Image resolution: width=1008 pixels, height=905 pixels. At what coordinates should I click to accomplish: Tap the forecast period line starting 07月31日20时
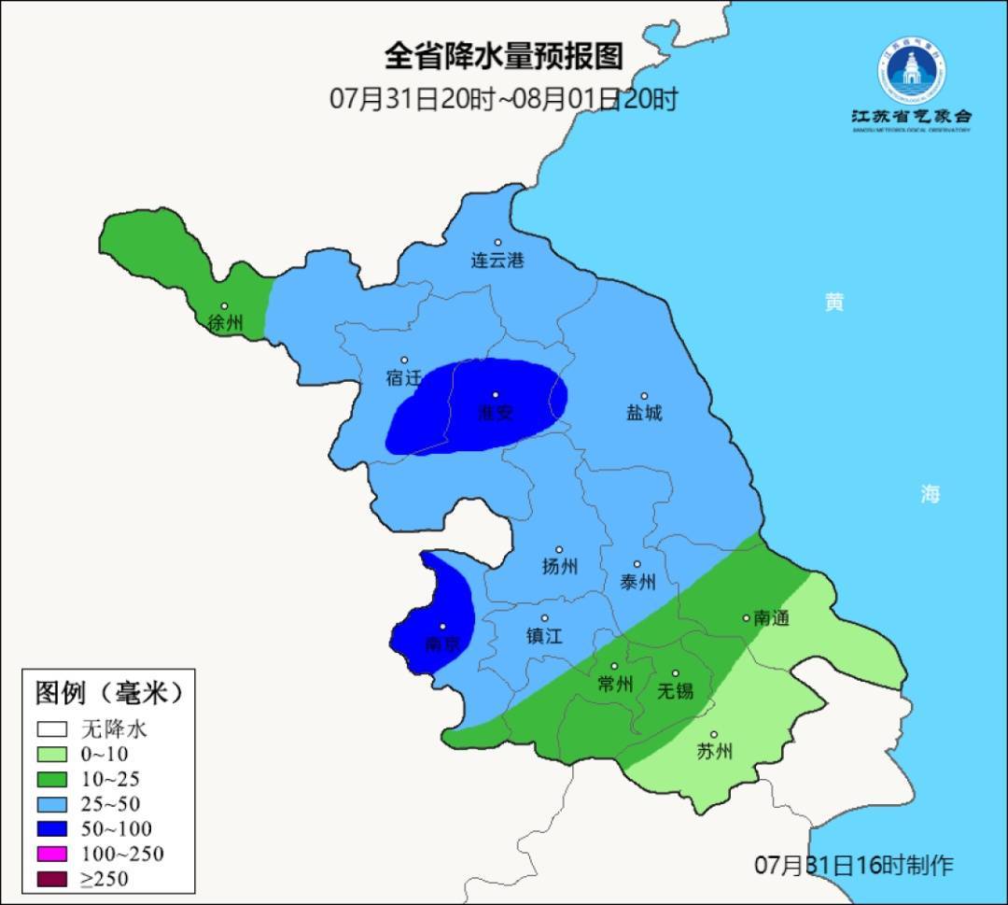click(x=503, y=99)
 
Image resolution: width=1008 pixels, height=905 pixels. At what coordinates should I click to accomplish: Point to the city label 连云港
click(x=497, y=261)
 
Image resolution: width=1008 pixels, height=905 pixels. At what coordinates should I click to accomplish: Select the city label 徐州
click(x=225, y=323)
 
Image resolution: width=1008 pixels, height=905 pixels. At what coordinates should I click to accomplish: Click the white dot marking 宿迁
click(x=404, y=360)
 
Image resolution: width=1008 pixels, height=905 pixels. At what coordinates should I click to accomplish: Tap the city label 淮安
click(x=496, y=413)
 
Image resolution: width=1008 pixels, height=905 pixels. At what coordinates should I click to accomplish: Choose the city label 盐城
click(x=644, y=413)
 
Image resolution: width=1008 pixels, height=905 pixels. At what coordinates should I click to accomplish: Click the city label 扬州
click(x=559, y=566)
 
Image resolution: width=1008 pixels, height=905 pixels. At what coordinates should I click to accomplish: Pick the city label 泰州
click(x=637, y=582)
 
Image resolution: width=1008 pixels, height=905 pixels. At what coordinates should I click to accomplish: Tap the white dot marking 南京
click(x=442, y=627)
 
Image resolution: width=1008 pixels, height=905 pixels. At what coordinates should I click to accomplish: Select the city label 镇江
click(x=544, y=635)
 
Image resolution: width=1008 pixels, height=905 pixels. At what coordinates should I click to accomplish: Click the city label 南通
click(x=771, y=617)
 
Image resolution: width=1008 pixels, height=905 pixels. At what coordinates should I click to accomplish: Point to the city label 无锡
click(x=675, y=691)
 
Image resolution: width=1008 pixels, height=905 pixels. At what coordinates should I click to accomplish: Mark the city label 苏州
click(x=715, y=752)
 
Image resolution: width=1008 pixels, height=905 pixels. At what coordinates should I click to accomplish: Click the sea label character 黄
click(x=834, y=302)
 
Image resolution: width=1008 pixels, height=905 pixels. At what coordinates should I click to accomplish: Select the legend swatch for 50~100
click(x=52, y=828)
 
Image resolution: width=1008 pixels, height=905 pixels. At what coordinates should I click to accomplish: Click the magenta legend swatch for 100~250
click(x=52, y=854)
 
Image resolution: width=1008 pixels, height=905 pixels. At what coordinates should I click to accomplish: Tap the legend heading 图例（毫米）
click(x=107, y=693)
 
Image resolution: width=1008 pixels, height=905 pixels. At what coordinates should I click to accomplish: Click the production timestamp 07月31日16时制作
click(x=853, y=865)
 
